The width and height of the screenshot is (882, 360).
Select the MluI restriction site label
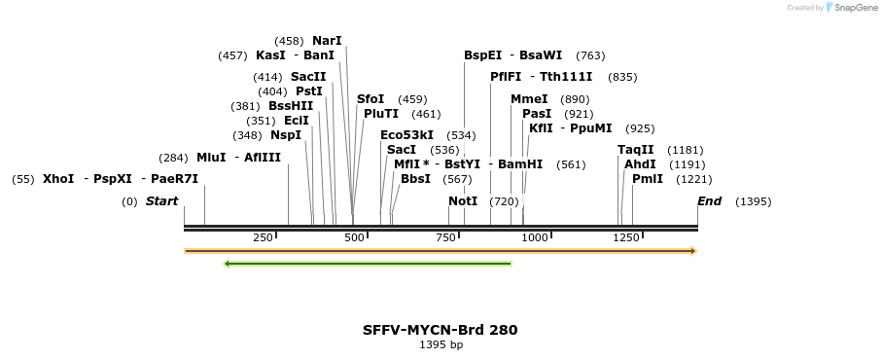pyautogui.click(x=211, y=158)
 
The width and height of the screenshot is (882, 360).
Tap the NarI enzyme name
pyautogui.click(x=327, y=41)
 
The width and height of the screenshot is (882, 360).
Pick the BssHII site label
pyautogui.click(x=291, y=106)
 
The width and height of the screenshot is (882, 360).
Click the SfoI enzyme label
pyautogui.click(x=370, y=99)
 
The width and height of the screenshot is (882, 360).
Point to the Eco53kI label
pyautogui.click(x=406, y=135)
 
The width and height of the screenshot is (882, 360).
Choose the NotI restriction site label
pyautogui.click(x=463, y=201)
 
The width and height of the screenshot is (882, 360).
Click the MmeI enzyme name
pyautogui.click(x=529, y=99)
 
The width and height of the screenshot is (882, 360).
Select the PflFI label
pyautogui.click(x=506, y=77)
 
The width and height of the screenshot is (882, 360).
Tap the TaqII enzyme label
pyautogui.click(x=636, y=150)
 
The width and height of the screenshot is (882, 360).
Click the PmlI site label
pyautogui.click(x=648, y=179)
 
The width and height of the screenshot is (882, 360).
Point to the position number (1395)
pyautogui.click(x=754, y=201)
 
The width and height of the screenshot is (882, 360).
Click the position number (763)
pyautogui.click(x=590, y=55)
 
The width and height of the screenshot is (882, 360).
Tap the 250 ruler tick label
pyautogui.click(x=263, y=237)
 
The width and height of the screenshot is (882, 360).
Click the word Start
pyautogui.click(x=162, y=201)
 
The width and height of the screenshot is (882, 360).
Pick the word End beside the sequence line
pyautogui.click(x=709, y=201)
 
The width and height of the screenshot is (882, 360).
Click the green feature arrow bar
pyautogui.click(x=368, y=263)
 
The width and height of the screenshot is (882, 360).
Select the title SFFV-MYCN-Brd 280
pyautogui.click(x=441, y=330)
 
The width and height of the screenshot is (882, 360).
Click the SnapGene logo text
pyautogui.click(x=854, y=8)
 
